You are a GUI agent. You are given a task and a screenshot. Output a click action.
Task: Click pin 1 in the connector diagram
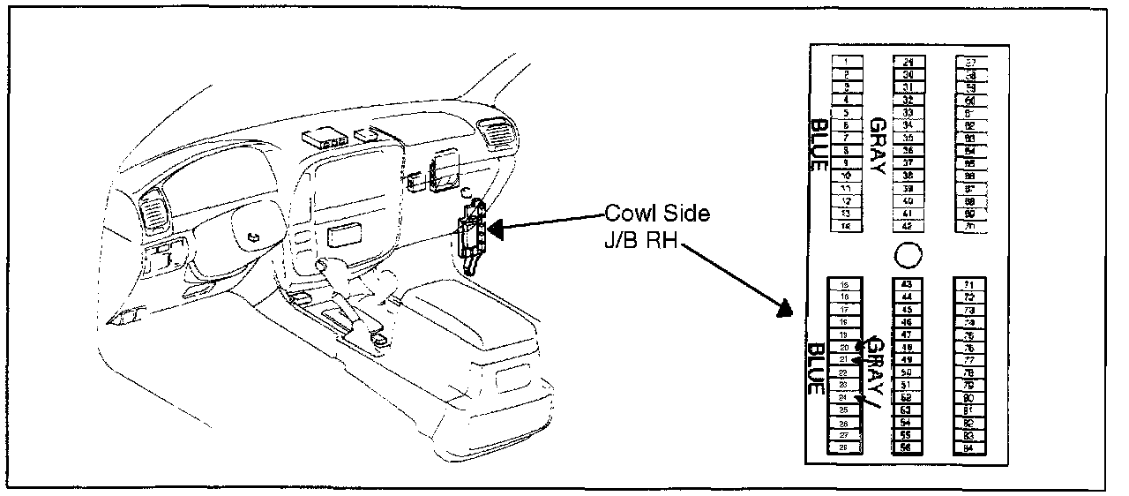click(846, 60)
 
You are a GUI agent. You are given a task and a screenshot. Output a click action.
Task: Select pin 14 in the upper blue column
click(846, 227)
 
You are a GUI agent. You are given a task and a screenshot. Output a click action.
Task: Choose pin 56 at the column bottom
click(906, 447)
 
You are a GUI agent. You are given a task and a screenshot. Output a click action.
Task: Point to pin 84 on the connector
click(968, 447)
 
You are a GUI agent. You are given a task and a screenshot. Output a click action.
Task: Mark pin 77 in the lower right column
click(968, 360)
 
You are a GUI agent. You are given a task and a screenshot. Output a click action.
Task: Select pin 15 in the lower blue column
click(845, 284)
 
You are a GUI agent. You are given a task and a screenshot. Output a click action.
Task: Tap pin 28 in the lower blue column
click(845, 447)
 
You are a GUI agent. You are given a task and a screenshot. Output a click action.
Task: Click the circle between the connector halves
click(908, 255)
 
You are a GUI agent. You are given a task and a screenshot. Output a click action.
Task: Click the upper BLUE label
click(818, 147)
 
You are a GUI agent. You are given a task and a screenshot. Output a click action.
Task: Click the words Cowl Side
click(656, 215)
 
